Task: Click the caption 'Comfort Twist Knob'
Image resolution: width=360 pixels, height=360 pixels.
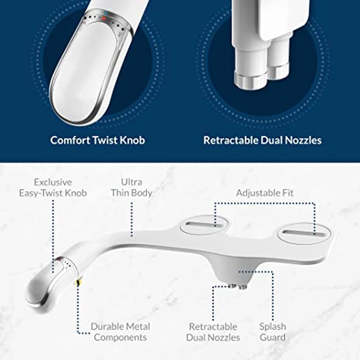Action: click(97, 140)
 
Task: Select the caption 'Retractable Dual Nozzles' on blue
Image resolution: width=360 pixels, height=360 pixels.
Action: click(262, 140)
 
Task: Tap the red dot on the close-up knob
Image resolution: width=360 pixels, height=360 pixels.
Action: click(103, 19)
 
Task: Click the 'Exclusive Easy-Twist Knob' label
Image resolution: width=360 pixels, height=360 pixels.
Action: click(52, 187)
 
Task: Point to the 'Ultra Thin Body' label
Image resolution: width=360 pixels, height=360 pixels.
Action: click(132, 187)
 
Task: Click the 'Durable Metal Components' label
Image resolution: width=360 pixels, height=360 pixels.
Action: click(120, 332)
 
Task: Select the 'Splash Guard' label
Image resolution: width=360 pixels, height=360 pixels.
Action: click(272, 332)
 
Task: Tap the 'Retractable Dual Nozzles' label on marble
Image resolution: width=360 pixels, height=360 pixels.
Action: click(214, 332)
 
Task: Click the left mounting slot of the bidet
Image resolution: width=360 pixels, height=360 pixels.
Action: click(203, 226)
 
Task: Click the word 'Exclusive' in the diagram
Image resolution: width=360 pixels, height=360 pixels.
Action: click(53, 182)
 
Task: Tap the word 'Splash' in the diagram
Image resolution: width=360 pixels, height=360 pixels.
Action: click(272, 326)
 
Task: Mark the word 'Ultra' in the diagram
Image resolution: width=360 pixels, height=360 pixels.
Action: click(132, 182)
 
